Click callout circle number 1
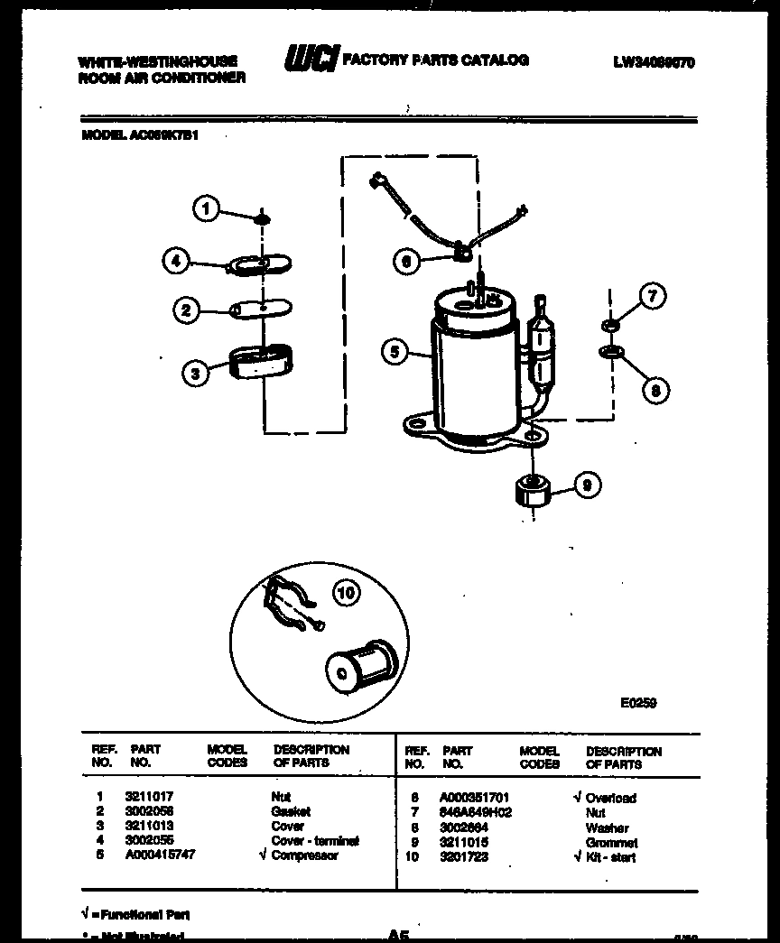[x=206, y=210]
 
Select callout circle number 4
[x=178, y=261]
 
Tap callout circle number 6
[x=407, y=261]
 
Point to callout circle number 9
[x=586, y=486]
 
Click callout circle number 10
[x=346, y=593]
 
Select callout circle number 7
[x=651, y=296]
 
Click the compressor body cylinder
[x=474, y=365]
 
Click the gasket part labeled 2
[x=263, y=310]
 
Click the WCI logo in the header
[x=311, y=60]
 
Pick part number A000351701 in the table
[x=475, y=798]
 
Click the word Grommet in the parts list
[x=611, y=843]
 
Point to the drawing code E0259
[x=638, y=704]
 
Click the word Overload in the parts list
[x=611, y=798]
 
